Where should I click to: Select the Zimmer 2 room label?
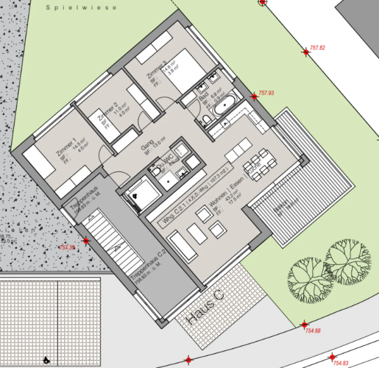[108, 112]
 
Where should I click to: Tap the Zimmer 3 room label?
[157, 70]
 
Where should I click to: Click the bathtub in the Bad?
[225, 105]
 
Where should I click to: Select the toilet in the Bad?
[207, 120]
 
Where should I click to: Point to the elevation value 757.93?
[266, 93]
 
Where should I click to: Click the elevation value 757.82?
[317, 48]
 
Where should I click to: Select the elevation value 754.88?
[313, 331]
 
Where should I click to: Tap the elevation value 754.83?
[341, 363]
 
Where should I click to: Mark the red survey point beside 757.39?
[86, 241]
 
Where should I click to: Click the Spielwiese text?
[81, 8]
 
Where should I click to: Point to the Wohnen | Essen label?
[226, 193]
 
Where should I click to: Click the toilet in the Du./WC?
[156, 172]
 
